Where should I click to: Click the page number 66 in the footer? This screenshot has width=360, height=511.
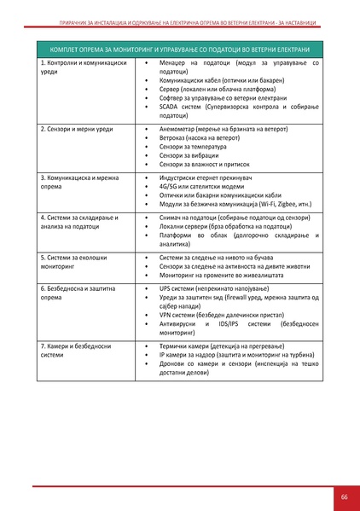pos(344,496)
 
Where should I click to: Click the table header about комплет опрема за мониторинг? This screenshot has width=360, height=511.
pos(179,50)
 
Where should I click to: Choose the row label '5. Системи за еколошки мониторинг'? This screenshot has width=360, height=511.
pos(75,259)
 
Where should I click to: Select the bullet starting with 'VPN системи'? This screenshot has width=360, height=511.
pos(219,315)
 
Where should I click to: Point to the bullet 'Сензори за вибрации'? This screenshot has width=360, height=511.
pos(189,155)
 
